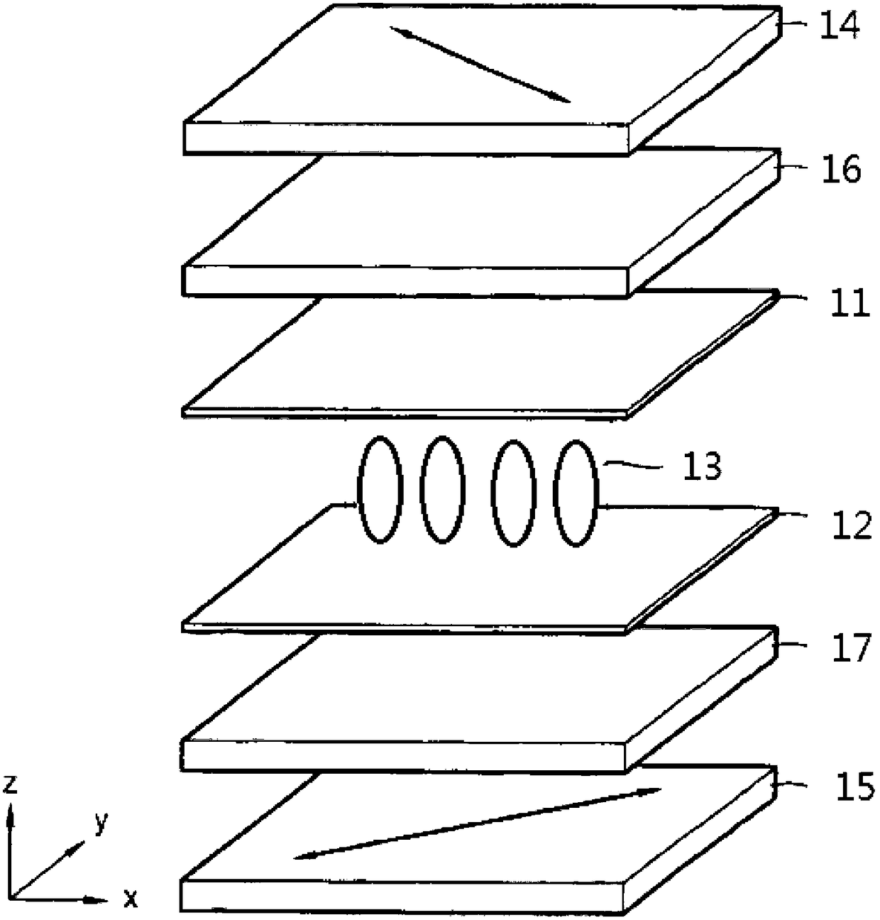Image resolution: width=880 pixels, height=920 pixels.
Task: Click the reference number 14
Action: coord(840,26)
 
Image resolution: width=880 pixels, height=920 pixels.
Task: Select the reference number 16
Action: coord(842,170)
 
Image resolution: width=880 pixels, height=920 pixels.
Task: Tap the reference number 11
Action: coord(849,304)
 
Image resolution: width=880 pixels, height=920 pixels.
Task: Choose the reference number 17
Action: coord(849,648)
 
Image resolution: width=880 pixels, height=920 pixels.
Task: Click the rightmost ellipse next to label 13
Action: coord(576,493)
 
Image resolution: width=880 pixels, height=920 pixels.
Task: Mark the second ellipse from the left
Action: coord(442,490)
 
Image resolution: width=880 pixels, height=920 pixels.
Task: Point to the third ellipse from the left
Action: coord(515,493)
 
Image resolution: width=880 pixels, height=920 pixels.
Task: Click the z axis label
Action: coord(10,785)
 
